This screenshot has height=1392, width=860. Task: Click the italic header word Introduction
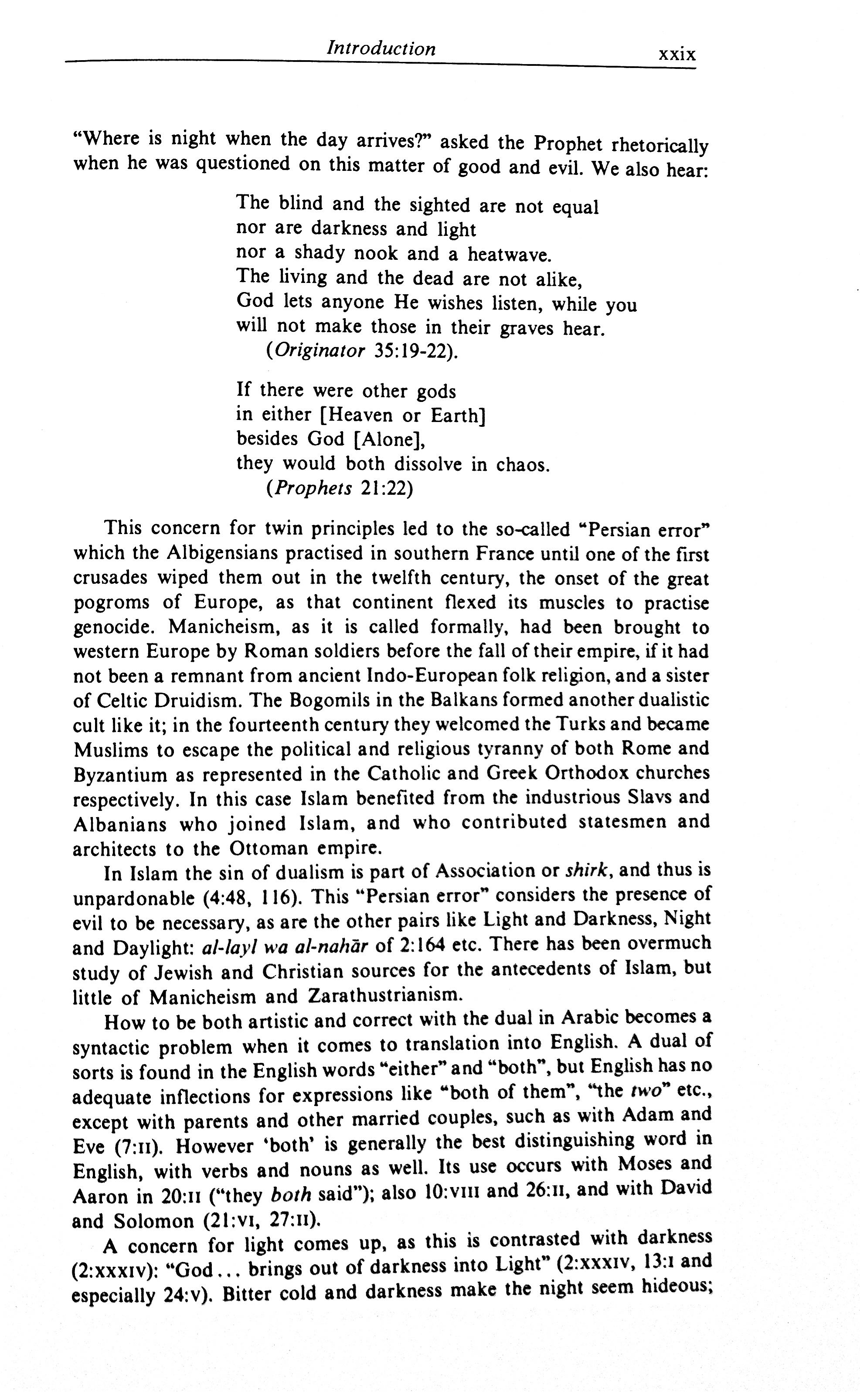pyautogui.click(x=381, y=48)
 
